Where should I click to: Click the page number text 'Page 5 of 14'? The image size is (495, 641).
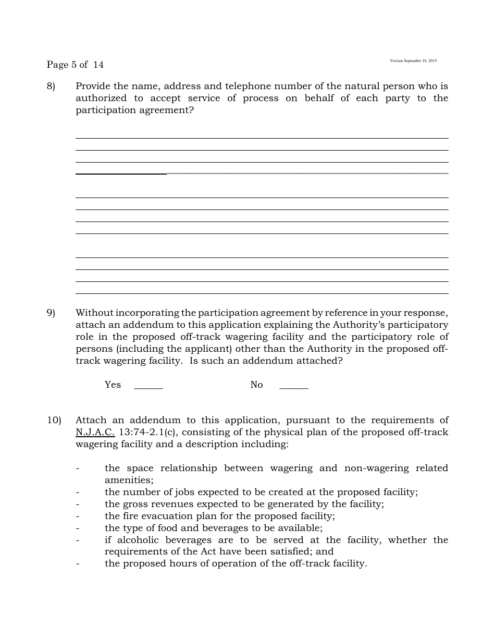(75, 65)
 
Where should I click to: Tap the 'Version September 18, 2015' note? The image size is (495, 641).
(413, 61)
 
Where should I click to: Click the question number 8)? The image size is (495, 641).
(51, 86)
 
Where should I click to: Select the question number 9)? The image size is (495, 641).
(51, 313)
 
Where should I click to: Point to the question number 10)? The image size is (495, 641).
(54, 420)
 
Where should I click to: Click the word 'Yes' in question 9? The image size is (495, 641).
(113, 385)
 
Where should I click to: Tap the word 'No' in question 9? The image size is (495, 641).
(256, 385)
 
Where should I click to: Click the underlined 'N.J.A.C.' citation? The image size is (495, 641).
(95, 432)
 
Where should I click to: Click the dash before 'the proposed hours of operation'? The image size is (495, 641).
(78, 563)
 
